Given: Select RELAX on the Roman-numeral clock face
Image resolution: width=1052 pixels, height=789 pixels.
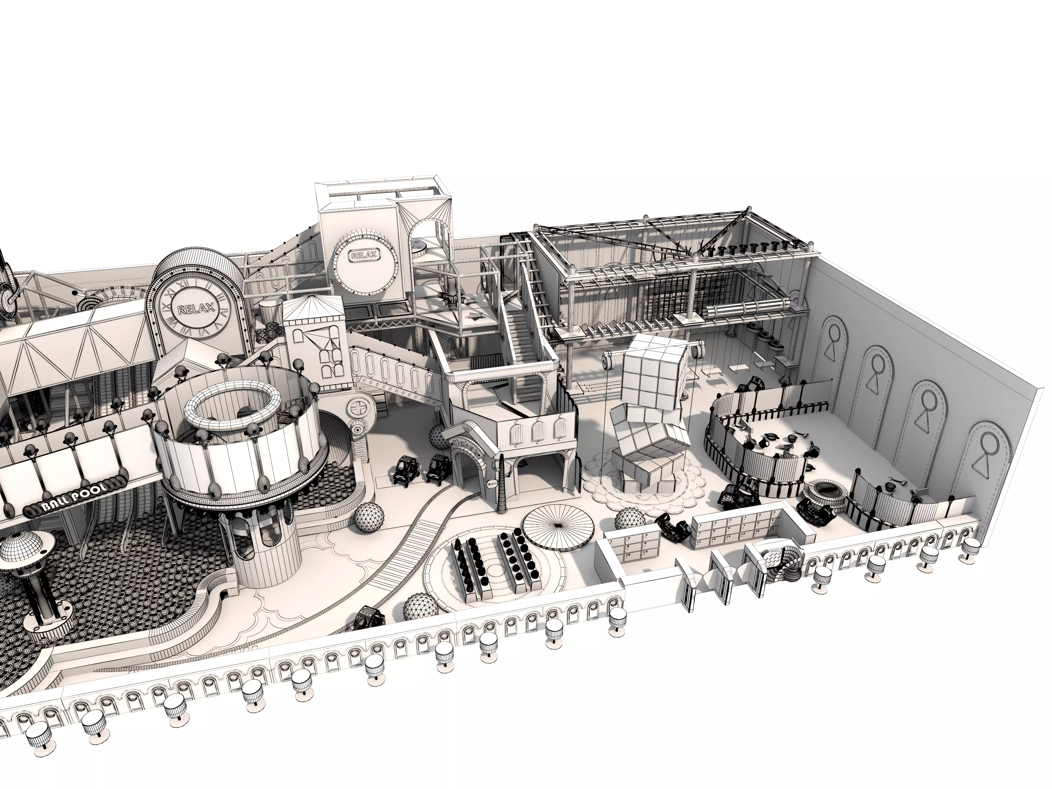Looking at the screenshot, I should point(196,309).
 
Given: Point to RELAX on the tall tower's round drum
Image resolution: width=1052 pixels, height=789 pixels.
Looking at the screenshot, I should point(364,255).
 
